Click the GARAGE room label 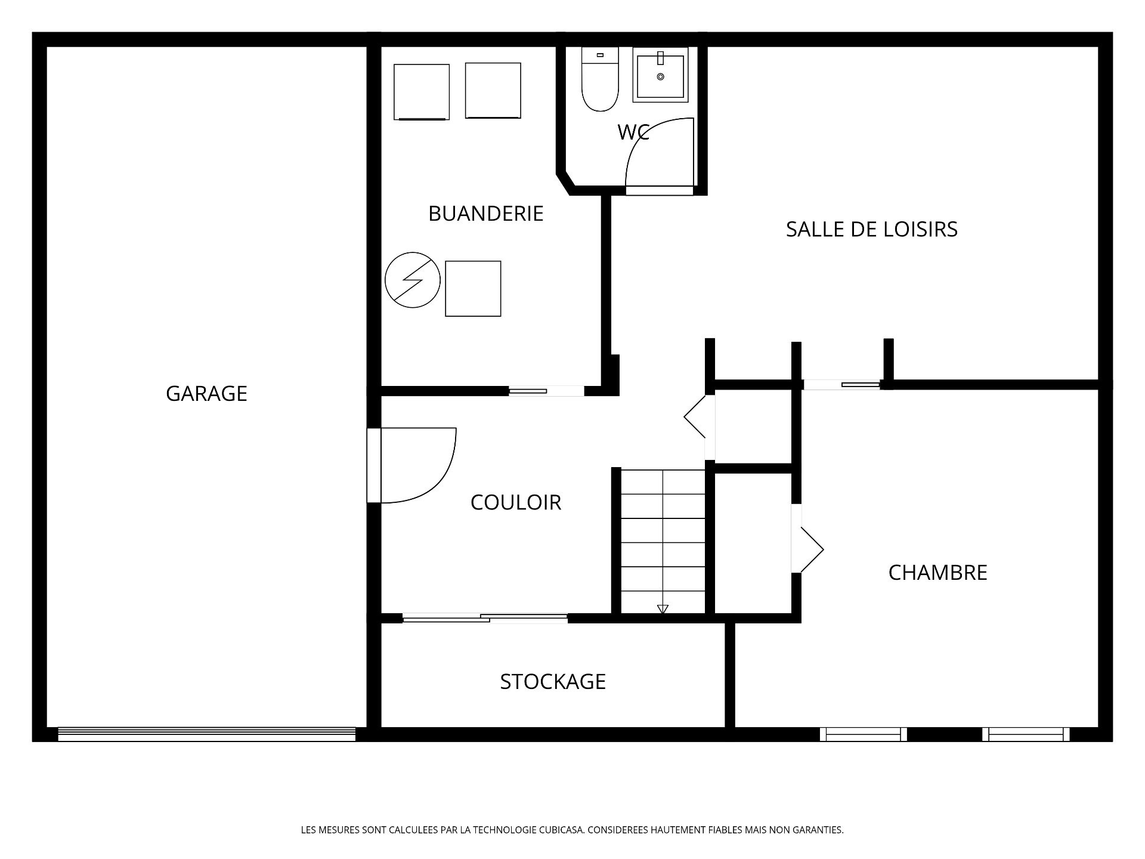[206, 394]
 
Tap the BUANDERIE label [486, 214]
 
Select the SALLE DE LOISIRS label [871, 229]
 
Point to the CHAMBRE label [937, 573]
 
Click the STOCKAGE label [553, 681]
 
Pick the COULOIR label [516, 502]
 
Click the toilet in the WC [600, 79]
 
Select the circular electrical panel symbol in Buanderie [413, 280]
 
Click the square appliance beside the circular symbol [473, 289]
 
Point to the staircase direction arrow [663, 608]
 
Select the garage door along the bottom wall [206, 734]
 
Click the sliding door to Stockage [485, 618]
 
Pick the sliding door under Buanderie [546, 391]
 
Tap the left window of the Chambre [863, 734]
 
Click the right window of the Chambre [1026, 734]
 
